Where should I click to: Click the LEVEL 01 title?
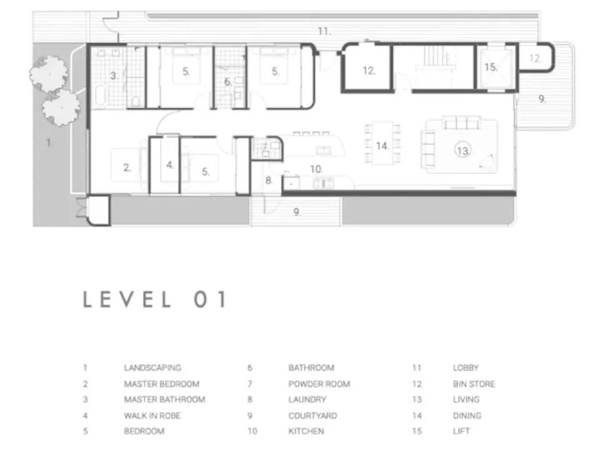point(155,299)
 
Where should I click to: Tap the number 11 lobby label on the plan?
point(324,31)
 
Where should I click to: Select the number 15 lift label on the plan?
point(491,67)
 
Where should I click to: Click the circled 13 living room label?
point(463,151)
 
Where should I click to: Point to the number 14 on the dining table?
point(382,146)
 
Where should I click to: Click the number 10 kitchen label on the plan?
point(317,169)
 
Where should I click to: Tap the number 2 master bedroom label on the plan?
point(127,167)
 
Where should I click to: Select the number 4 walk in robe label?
point(170,165)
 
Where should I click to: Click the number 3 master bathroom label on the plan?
point(114,76)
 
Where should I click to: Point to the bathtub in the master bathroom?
point(100,94)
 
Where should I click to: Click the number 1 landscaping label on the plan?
point(49,142)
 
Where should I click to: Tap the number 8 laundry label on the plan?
point(269,180)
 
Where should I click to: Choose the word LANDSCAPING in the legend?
point(152,367)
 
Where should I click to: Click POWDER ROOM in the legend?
point(319,384)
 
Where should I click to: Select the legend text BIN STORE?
point(474,384)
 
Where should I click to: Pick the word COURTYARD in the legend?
point(312,416)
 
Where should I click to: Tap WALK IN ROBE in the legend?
point(152,416)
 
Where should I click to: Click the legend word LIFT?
point(462,431)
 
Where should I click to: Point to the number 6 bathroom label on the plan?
point(227,81)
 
